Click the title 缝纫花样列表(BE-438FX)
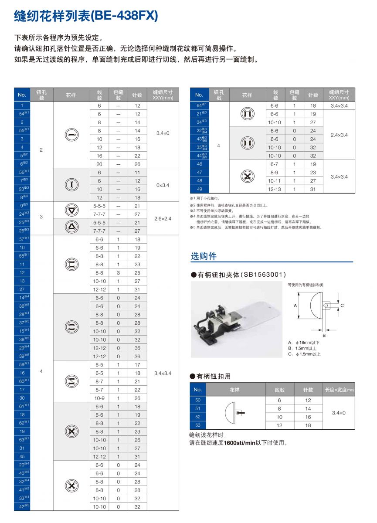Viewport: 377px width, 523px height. tap(86, 17)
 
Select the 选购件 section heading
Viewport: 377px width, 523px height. tap(204, 256)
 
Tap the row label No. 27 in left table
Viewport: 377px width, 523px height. tap(22, 289)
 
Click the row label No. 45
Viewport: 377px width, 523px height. tap(22, 456)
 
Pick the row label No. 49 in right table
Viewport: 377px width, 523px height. tap(199, 189)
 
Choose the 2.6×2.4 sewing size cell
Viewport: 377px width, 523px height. tap(163, 218)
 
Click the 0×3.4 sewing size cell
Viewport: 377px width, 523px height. tap(163, 185)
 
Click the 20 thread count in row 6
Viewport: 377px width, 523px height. tap(99, 164)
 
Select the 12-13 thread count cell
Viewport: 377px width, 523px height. tap(274, 189)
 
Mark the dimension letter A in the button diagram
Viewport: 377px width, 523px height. tap(295, 306)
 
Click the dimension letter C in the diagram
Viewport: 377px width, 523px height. tap(342, 306)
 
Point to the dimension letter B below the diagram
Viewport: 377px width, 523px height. tap(324, 335)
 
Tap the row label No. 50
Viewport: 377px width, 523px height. tap(198, 400)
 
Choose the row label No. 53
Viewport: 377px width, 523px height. tap(198, 425)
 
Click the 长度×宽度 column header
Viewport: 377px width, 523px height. tap(339, 390)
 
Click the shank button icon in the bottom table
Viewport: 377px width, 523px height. tap(234, 413)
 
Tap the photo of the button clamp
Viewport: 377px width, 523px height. tap(237, 319)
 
